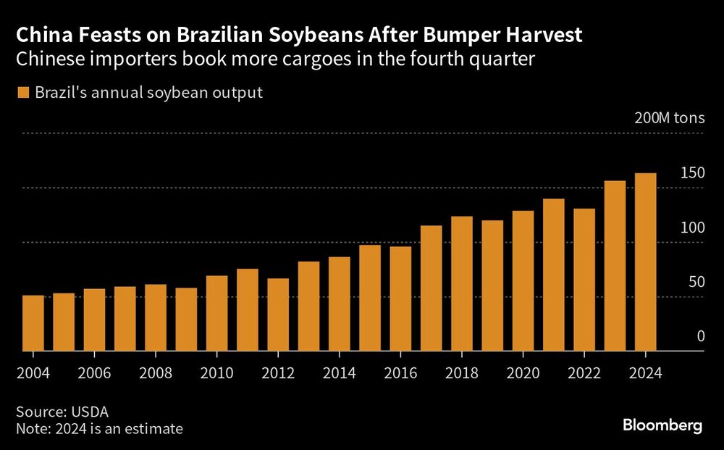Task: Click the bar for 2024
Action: [645, 262]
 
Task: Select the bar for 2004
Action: [33, 323]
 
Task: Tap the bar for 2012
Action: [278, 314]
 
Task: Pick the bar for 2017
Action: [431, 288]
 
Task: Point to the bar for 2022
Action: [584, 280]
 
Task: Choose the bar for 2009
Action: [186, 320]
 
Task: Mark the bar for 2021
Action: [553, 275]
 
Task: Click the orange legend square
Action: [23, 93]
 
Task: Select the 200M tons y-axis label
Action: [669, 120]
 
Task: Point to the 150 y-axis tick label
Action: [692, 173]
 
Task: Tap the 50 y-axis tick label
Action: [696, 282]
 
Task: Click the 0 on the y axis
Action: [700, 336]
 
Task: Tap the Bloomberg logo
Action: [662, 426]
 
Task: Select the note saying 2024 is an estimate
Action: [100, 429]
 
